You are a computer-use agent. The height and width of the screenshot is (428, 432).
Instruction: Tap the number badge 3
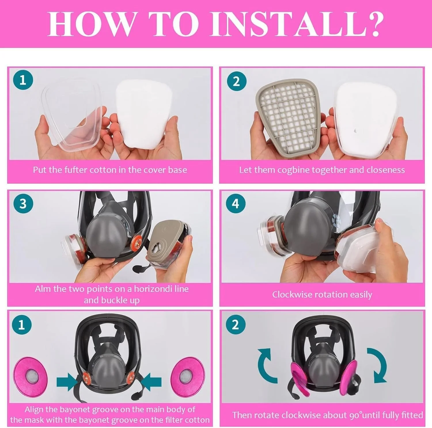pyautogui.click(x=23, y=204)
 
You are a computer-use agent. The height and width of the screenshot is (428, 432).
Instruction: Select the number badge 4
pyautogui.click(x=236, y=204)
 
